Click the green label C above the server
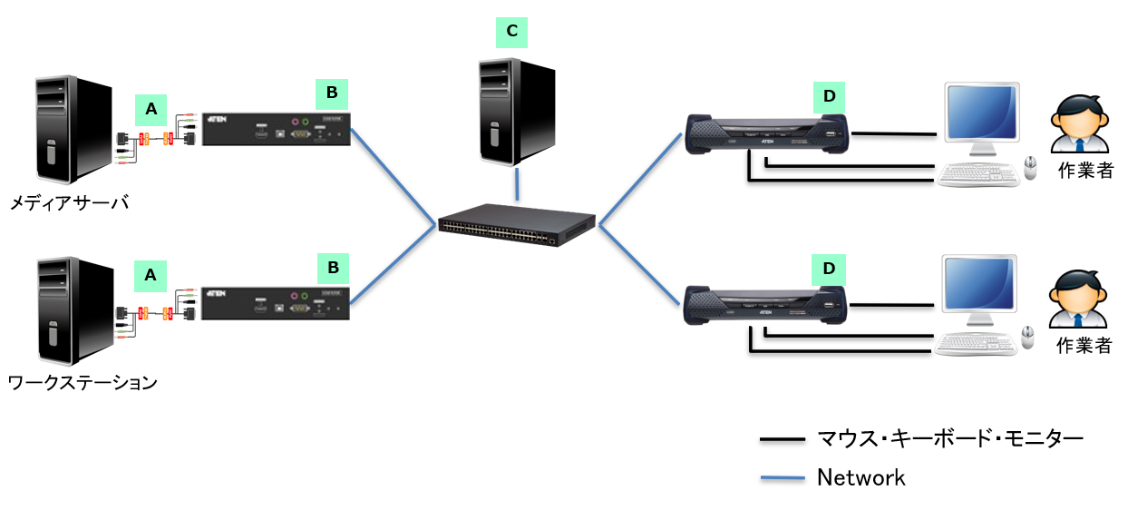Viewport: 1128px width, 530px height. tap(511, 32)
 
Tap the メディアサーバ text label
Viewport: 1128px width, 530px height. tap(69, 202)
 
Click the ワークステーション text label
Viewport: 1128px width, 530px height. tap(83, 382)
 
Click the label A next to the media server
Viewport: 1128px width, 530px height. tap(151, 110)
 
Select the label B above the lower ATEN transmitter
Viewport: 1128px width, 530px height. tap(332, 269)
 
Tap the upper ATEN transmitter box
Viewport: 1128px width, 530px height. tap(276, 130)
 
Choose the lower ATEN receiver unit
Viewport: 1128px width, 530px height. tap(767, 307)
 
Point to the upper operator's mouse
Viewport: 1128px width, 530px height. tap(1029, 167)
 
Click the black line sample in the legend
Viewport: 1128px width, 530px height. tap(783, 440)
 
